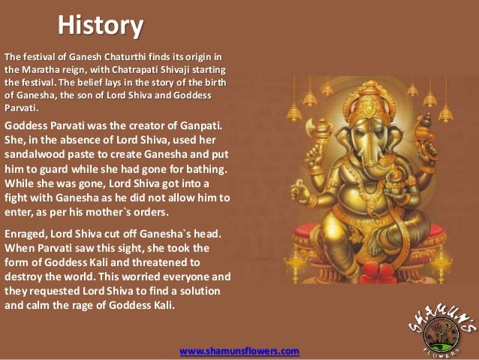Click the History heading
[x=101, y=26]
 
